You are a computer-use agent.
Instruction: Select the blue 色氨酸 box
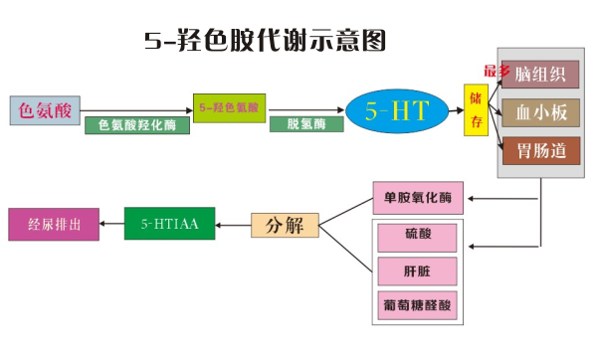pos(45,109)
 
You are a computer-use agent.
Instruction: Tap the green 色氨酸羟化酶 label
pos(137,126)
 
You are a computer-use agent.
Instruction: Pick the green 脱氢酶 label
pos(299,124)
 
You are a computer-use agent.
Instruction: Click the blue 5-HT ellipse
pos(396,110)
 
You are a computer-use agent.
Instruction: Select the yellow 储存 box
pos(477,109)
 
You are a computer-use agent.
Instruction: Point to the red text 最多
pos(497,71)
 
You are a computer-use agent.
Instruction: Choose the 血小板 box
pos(541,112)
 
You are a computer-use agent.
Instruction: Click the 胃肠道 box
pos(541,151)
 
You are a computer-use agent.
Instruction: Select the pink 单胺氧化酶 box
pos(417,197)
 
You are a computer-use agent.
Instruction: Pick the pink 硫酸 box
pos(417,237)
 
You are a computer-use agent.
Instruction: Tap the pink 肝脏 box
pos(417,270)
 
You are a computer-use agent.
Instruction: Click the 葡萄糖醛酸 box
pos(417,305)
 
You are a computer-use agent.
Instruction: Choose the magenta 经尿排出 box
pos(54,224)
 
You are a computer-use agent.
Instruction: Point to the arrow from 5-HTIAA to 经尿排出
pos(111,224)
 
